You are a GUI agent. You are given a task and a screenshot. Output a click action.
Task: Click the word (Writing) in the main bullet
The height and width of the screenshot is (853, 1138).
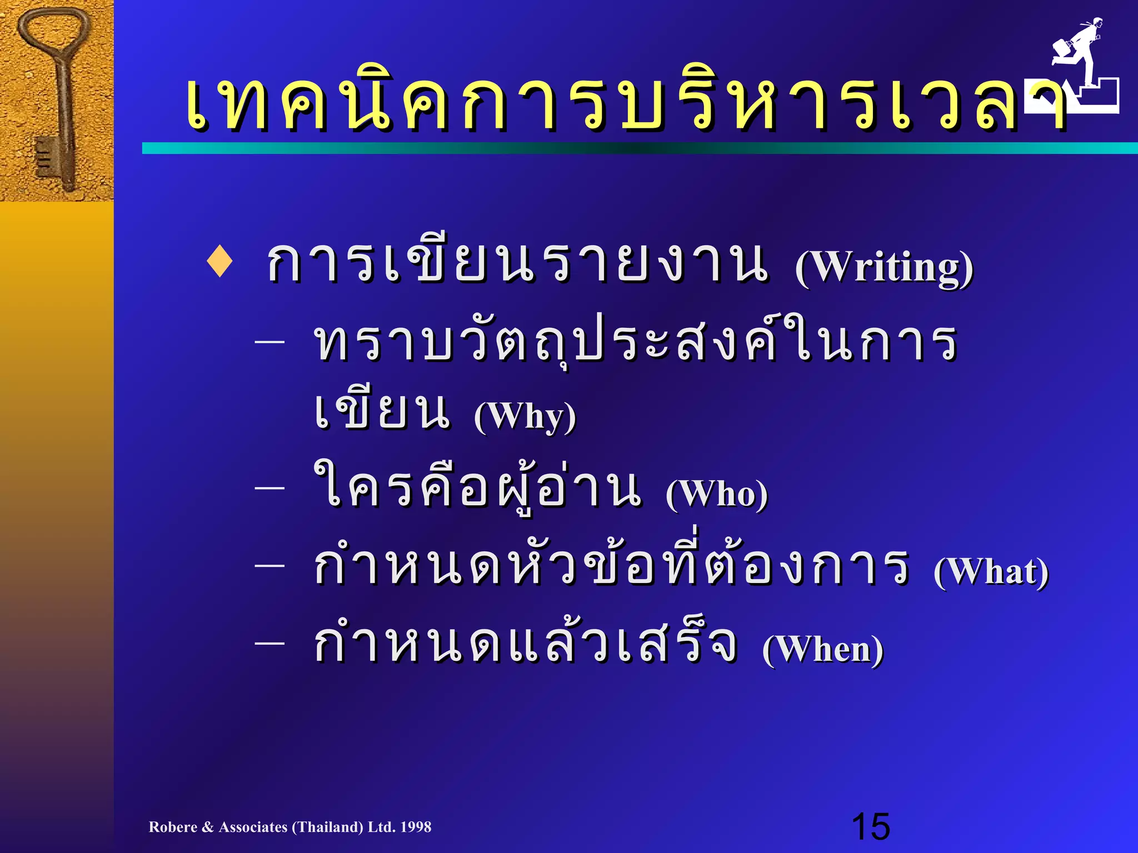(x=884, y=268)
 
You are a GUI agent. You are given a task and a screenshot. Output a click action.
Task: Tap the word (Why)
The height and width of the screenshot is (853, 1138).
(x=525, y=416)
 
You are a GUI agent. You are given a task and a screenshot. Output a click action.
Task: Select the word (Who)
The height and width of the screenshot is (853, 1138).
(x=717, y=493)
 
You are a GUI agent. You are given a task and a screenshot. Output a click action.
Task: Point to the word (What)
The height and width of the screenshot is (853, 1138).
(x=991, y=571)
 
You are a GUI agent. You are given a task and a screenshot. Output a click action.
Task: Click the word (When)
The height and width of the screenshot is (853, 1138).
(x=822, y=649)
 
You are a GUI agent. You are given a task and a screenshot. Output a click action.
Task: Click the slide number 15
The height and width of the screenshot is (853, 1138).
(x=870, y=826)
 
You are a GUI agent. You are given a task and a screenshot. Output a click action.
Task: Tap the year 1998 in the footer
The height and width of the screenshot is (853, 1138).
(x=415, y=827)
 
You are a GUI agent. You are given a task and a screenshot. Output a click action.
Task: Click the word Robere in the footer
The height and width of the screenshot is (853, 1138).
(x=173, y=827)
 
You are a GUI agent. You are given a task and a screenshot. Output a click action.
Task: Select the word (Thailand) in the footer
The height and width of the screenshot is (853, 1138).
(x=328, y=827)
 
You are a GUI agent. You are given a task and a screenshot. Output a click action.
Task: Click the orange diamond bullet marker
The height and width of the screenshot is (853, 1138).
(x=219, y=263)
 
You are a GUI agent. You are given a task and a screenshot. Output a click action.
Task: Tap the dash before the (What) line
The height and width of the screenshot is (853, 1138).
(x=270, y=565)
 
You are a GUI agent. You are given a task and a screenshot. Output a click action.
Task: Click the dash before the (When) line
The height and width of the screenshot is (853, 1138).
(x=270, y=643)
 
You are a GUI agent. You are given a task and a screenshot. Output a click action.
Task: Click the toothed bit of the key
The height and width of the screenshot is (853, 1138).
(x=47, y=158)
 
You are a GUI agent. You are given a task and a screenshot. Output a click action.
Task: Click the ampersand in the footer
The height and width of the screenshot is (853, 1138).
(x=208, y=827)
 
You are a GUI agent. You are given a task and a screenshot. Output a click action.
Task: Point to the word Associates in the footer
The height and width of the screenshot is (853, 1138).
(x=253, y=827)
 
